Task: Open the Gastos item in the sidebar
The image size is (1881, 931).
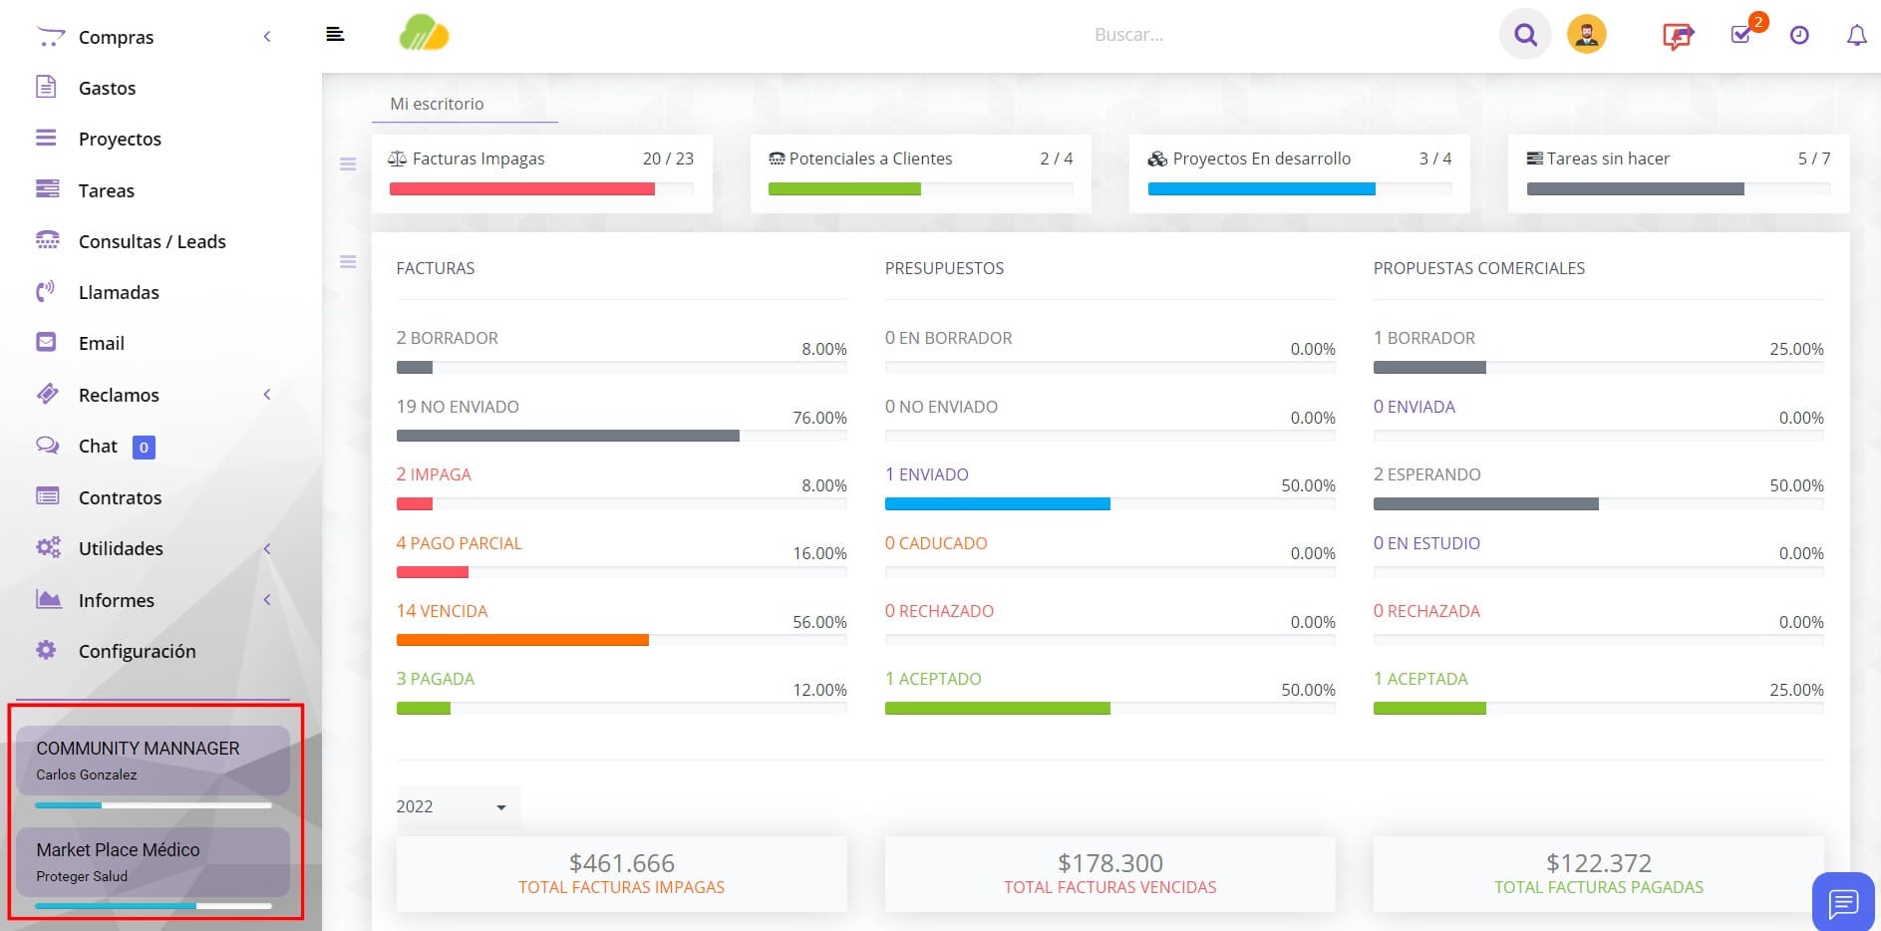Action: coord(107,88)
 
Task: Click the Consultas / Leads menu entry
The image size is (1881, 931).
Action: coord(152,241)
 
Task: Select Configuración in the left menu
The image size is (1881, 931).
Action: coord(137,651)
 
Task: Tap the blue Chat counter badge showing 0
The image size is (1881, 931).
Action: coord(144,448)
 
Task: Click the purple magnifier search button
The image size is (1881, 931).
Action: coord(1525,35)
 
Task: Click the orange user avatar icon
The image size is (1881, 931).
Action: coord(1586,35)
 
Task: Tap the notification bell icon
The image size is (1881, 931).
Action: coord(1856,36)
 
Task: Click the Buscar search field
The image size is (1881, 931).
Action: coord(1128,35)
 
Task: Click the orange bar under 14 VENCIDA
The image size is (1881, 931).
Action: coord(522,640)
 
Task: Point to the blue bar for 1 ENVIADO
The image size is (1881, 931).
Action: coord(997,503)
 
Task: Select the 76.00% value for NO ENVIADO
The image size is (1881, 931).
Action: coord(819,418)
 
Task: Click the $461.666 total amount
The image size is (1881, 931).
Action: coord(621,862)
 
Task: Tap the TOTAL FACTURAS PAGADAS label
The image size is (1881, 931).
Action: coord(1598,887)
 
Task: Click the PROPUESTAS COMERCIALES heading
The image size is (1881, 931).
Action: coord(1478,268)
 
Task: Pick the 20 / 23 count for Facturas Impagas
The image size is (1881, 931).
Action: coord(668,158)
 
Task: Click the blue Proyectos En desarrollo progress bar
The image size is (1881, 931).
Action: coord(1261,189)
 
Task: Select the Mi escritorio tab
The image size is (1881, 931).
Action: coord(437,104)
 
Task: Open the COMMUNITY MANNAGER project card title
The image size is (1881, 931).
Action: coord(138,748)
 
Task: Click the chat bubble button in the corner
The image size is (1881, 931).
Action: coord(1843,903)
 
